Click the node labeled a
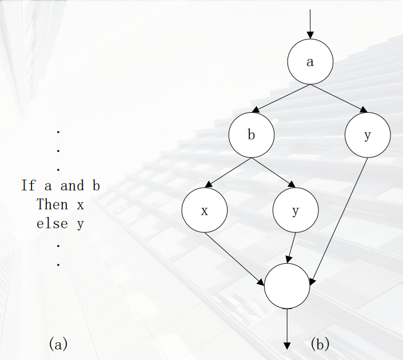coord(310,62)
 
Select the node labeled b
coord(251,136)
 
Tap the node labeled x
coord(204,211)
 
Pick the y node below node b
coord(295,211)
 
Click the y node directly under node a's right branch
coord(368,136)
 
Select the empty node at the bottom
coord(287,286)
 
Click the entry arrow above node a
coord(310,23)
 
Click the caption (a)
coord(58,344)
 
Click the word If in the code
coord(28,185)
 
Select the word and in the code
coord(72,185)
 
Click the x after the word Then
coord(80,205)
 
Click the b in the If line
coord(95,185)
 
